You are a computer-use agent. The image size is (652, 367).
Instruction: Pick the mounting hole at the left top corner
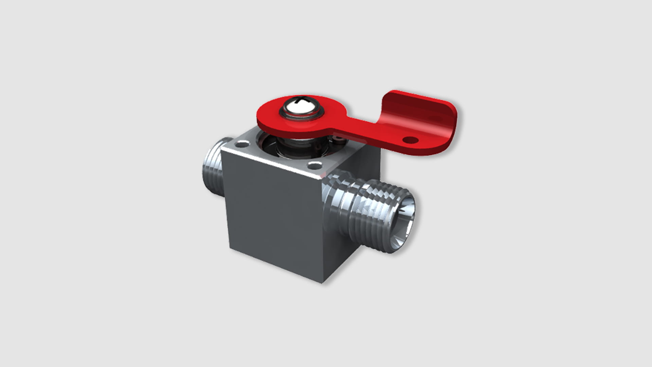click(x=241, y=145)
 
